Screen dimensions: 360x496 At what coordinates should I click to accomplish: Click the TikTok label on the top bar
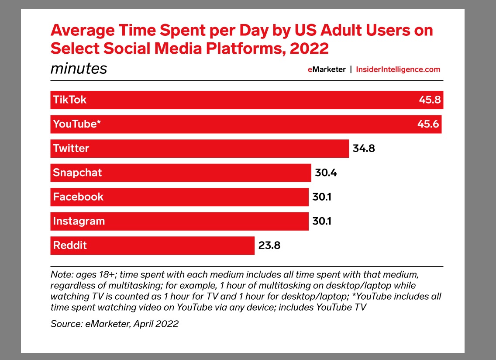point(70,100)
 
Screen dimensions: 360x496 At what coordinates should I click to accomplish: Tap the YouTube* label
point(77,124)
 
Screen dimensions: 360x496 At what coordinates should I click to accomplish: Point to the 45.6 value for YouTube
point(428,124)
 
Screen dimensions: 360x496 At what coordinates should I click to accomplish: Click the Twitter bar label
point(71,148)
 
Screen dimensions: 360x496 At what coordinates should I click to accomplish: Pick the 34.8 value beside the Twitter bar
point(364,149)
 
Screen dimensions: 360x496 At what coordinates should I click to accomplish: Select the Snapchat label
point(77,173)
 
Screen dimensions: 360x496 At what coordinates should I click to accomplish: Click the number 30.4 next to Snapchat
point(326,173)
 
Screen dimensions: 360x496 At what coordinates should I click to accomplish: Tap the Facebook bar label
point(78,197)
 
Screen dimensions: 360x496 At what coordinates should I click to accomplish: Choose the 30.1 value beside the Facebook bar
point(322,197)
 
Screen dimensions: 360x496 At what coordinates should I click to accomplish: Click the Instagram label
point(79,221)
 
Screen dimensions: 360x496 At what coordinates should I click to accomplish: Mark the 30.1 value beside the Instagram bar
point(322,222)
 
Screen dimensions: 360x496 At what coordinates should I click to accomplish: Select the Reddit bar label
point(70,245)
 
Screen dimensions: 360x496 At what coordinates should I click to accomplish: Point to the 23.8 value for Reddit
point(269,246)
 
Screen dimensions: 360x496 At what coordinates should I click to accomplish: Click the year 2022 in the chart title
point(309,48)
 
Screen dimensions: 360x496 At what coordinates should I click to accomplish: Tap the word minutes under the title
point(79,69)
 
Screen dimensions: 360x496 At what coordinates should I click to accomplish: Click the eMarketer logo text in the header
point(327,69)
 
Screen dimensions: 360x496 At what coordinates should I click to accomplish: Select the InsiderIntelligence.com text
point(398,69)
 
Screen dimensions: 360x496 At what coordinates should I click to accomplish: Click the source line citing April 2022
point(115,324)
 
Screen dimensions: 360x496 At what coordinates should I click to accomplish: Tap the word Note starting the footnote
point(60,275)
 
